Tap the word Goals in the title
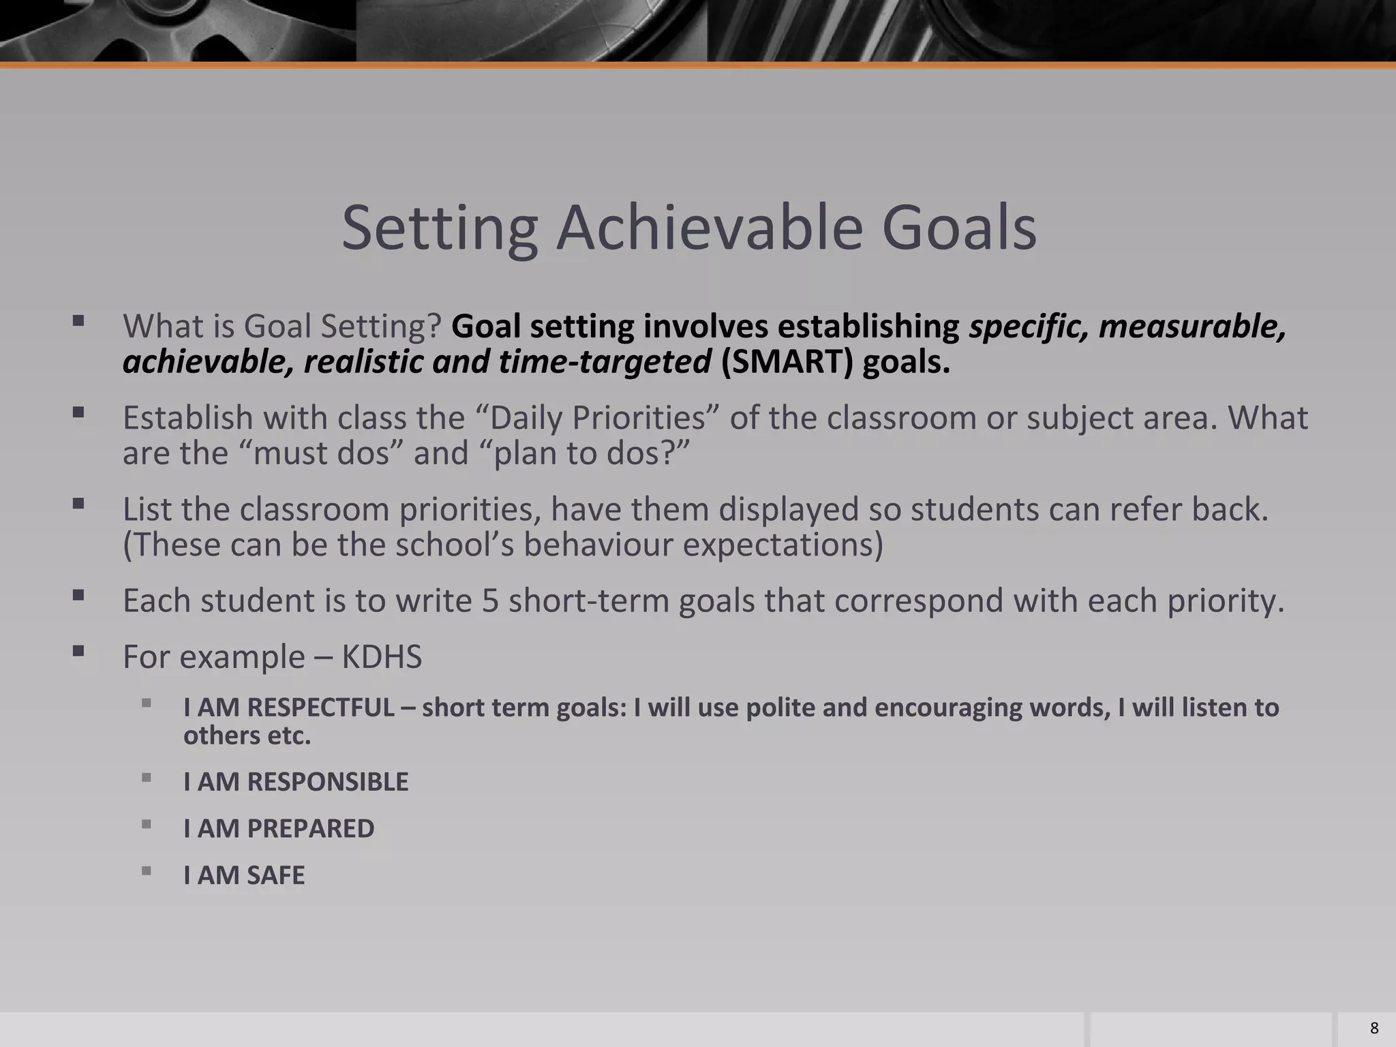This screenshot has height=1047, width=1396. [959, 228]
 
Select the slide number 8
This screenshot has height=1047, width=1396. [1374, 1028]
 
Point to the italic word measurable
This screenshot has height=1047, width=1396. [1192, 326]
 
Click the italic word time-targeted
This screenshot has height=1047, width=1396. [605, 361]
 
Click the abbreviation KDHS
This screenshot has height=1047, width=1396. [382, 656]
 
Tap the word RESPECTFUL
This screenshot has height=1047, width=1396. [320, 708]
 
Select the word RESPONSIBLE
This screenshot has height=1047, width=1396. [327, 782]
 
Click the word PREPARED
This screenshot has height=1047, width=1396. [310, 828]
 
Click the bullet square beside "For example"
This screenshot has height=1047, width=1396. [78, 651]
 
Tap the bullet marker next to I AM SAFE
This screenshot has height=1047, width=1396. [147, 870]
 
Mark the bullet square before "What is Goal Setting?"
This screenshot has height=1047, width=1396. [78, 320]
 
